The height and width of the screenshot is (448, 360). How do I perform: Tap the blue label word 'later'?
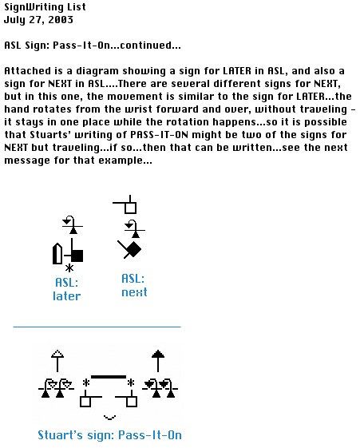click(67, 296)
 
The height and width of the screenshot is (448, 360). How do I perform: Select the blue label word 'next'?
click(134, 292)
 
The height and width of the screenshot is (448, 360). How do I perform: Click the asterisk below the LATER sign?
click(69, 268)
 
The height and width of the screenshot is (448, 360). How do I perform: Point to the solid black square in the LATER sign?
click(77, 256)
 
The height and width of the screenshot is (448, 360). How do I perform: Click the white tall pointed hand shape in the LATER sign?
click(57, 254)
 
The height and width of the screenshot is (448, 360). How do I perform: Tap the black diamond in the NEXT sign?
click(133, 249)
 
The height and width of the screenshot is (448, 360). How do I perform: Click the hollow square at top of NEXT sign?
click(130, 208)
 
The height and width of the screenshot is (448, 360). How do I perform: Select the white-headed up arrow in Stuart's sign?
click(57, 361)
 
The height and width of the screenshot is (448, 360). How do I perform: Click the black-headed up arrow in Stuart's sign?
click(158, 361)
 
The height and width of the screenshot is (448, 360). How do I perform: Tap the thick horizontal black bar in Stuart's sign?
click(109, 377)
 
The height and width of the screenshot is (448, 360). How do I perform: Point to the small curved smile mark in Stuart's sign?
click(109, 418)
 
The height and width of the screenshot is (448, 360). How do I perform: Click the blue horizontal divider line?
click(97, 327)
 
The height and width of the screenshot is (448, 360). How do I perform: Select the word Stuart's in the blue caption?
click(61, 435)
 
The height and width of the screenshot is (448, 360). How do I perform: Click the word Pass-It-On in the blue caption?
click(150, 435)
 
